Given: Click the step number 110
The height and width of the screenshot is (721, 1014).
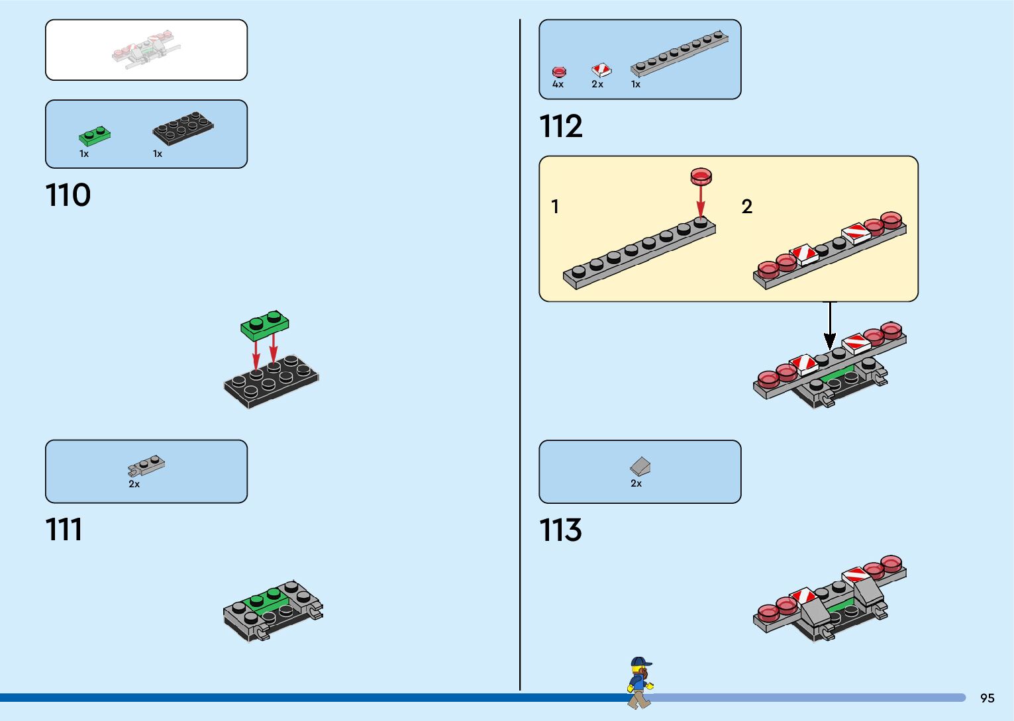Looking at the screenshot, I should pos(68,195).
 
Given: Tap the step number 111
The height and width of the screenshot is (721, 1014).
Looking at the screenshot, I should pos(64,530).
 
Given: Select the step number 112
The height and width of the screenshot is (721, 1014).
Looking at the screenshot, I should pos(561,126).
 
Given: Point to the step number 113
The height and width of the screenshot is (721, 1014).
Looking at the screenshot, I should pos(560,530).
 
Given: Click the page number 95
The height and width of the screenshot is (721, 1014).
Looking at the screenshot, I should pos(987,698).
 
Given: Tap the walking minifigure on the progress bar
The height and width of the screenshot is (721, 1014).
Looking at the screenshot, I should pos(639,683).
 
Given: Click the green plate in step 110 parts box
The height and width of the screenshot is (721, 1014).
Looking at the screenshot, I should pos(95,135).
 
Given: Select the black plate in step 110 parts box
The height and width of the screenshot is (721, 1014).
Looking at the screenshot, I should pos(183,128).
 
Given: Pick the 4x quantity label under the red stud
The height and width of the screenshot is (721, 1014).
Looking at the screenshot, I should pos(558,85).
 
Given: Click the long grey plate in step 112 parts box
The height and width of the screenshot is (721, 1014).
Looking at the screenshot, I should pos(679,52).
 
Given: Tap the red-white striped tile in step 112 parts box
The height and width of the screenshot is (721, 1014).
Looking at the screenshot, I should pos(601,70).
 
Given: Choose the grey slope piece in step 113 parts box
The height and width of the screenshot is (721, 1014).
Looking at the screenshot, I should pos(640,466).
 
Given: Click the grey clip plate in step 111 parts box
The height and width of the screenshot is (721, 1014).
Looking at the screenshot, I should pos(146,465).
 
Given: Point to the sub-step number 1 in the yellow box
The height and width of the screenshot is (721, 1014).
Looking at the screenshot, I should pos(555,207).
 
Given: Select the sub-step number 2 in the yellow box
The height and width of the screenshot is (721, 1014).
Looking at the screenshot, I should pos(747,207).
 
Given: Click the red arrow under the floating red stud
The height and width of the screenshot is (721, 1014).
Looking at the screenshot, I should pos(701,201).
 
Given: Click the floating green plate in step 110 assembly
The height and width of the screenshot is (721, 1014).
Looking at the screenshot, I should pos(265,324).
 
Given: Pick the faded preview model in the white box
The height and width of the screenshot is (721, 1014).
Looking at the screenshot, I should pos(146,50).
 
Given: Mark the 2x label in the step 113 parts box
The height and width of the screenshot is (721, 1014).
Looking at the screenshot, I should pos(636,484).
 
